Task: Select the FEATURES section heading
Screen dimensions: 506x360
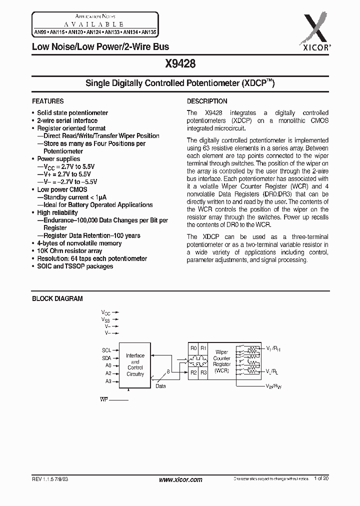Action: click(x=48, y=101)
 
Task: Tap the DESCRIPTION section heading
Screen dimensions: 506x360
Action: click(x=207, y=101)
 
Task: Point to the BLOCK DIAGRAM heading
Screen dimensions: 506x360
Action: click(x=57, y=298)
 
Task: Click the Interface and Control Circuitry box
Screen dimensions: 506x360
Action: click(x=135, y=364)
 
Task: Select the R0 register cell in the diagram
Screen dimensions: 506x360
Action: click(x=193, y=348)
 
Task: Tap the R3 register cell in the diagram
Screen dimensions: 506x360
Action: click(x=203, y=372)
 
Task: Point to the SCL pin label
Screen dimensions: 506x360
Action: click(x=106, y=350)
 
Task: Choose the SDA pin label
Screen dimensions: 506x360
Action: click(x=106, y=358)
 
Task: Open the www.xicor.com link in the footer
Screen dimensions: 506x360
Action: click(x=180, y=479)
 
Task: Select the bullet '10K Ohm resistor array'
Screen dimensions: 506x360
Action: click(x=69, y=251)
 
